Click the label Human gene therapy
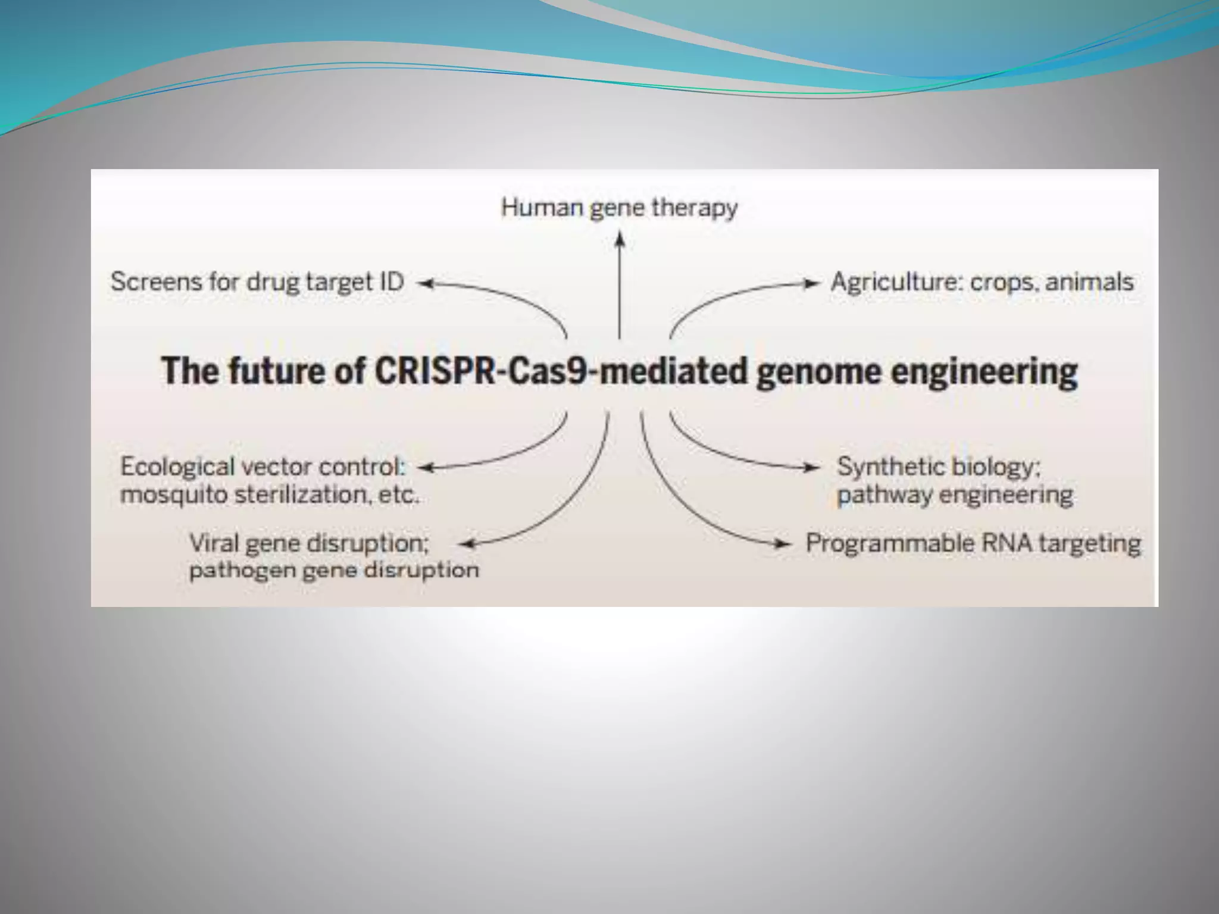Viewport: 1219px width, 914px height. pos(619,208)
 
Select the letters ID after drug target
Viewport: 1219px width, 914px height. pos(392,281)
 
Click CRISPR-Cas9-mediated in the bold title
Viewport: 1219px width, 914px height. pos(560,371)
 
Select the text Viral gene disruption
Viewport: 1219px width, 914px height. pos(308,543)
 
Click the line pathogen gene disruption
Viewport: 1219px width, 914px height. pos(333,570)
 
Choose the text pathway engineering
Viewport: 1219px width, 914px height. pos(955,495)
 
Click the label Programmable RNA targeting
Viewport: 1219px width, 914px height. pos(973,543)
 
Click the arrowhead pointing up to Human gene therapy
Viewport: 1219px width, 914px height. pos(620,239)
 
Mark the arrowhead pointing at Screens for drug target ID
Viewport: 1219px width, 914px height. pos(425,284)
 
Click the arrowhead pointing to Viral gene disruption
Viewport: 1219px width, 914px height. pos(470,543)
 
